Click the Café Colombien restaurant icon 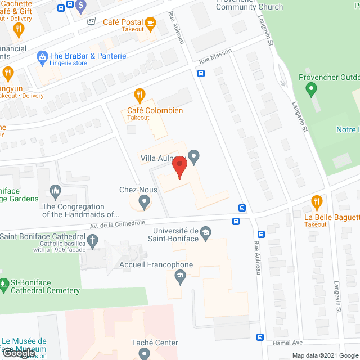[x=137, y=94]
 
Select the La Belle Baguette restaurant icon [x=316, y=201]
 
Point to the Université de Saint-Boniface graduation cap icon [x=206, y=232]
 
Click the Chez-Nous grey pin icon [x=144, y=201]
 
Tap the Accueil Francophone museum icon [x=180, y=276]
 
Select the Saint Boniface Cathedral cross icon [x=93, y=242]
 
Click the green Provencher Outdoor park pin [x=310, y=89]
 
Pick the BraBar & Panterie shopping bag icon [x=42, y=56]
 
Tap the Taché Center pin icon [x=144, y=354]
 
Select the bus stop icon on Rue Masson [x=201, y=73]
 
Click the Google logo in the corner [x=18, y=353]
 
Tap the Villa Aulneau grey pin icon [x=194, y=157]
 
